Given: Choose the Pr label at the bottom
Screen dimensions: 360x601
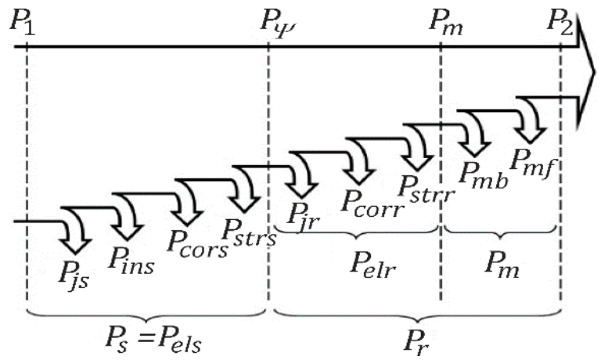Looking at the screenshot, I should pos(417,338).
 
